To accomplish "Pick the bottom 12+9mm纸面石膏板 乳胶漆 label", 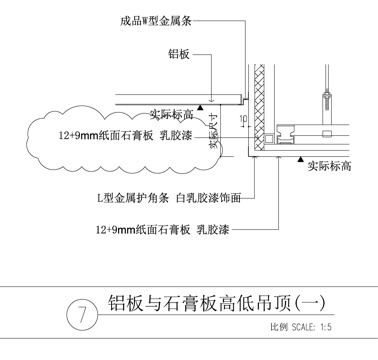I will click(x=160, y=229).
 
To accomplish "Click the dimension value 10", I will click(x=242, y=117).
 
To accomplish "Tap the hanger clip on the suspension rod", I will click(x=325, y=100).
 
